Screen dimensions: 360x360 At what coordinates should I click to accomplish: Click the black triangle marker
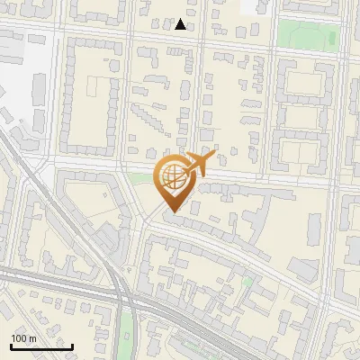(x=181, y=24)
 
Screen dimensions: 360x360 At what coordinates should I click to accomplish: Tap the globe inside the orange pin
(x=172, y=176)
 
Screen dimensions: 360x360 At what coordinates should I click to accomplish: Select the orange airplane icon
(x=197, y=164)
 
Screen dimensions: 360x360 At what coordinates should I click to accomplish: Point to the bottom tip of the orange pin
(x=172, y=211)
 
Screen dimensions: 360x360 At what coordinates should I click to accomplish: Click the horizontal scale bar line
(x=41, y=346)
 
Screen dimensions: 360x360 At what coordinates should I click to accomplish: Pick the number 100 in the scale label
(x=19, y=339)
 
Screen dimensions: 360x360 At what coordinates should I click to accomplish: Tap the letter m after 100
(x=32, y=339)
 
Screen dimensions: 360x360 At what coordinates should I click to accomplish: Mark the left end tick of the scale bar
(x=11, y=345)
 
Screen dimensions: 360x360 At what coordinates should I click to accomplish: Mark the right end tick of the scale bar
(x=72, y=345)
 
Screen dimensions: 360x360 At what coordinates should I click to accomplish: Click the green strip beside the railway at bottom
(x=129, y=333)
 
